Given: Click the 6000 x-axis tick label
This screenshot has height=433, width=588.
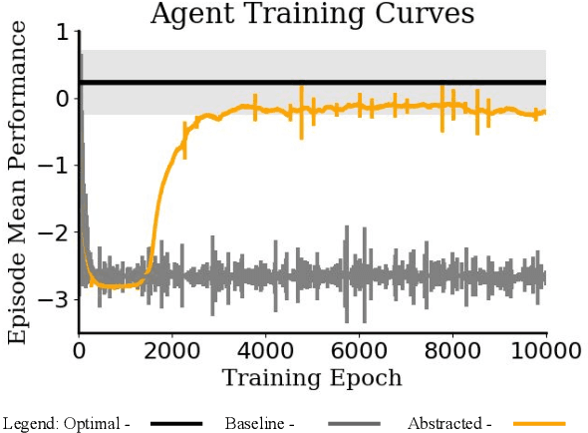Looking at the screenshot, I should pos(359,351).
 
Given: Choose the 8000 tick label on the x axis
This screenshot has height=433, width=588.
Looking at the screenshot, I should pos(452,351).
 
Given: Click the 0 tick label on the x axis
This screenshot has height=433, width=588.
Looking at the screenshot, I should pos(79,351).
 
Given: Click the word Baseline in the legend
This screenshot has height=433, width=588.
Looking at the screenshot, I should pos(261,423).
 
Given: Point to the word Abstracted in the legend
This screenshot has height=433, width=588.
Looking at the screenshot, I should pos(441,423).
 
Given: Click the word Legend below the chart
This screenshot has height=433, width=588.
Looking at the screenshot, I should pos(27,423).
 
